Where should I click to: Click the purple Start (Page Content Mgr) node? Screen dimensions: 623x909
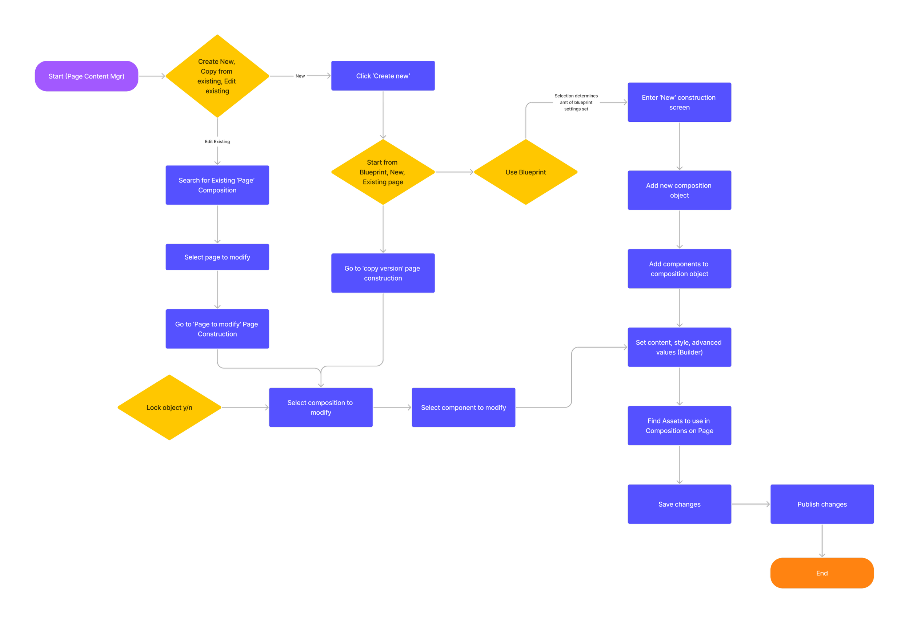click(x=87, y=76)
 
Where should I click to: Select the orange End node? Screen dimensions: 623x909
click(x=822, y=573)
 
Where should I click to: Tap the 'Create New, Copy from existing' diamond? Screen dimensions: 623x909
click(x=217, y=76)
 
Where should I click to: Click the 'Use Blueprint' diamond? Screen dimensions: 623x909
click(x=525, y=172)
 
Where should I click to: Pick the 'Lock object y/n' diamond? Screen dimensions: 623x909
click(x=169, y=407)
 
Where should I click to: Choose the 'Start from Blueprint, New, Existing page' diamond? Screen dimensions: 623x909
click(x=383, y=172)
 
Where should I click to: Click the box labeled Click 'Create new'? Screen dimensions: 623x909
click(x=383, y=76)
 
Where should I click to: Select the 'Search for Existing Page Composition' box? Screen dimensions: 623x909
click(x=217, y=185)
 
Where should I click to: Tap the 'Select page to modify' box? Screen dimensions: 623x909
click(x=217, y=257)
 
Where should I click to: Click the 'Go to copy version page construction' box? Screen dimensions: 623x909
click(x=383, y=273)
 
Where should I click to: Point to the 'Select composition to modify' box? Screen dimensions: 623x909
click(x=321, y=407)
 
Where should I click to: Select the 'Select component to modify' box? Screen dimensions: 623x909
click(x=463, y=407)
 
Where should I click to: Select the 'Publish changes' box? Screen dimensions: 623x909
click(x=822, y=504)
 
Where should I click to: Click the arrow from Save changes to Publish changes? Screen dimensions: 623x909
click(x=750, y=504)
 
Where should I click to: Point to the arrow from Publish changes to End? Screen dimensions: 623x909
click(x=822, y=540)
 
